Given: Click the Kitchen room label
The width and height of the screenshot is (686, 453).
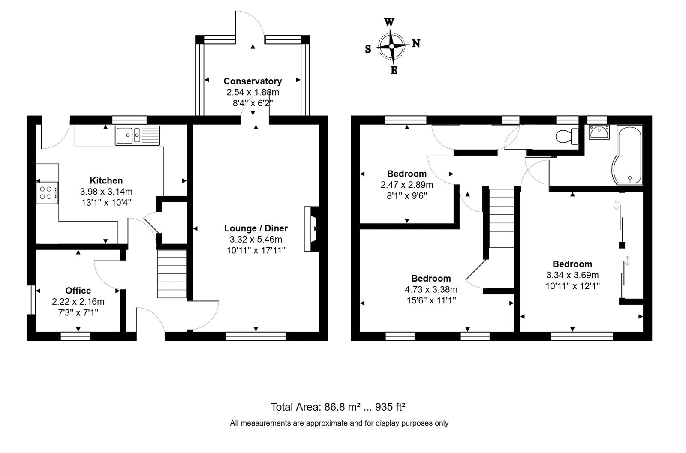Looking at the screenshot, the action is (x=106, y=180).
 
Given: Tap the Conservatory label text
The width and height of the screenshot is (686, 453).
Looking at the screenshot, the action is (x=253, y=81).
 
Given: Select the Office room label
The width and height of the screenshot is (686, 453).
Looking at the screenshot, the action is (x=78, y=291).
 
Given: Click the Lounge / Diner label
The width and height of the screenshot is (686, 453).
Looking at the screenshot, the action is (x=256, y=228).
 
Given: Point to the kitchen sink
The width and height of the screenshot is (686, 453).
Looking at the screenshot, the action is (x=138, y=135).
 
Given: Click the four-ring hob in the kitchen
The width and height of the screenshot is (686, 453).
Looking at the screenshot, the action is (x=47, y=193).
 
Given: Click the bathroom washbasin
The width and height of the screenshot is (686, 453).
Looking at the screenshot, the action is (x=599, y=132).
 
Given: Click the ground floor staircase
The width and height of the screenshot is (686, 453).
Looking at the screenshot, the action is (x=172, y=274).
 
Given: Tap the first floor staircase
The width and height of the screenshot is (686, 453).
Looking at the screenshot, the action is (x=501, y=218).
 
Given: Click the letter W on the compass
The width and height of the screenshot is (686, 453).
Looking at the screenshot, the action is (x=389, y=22).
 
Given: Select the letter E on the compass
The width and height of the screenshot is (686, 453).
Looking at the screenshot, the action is (x=394, y=70).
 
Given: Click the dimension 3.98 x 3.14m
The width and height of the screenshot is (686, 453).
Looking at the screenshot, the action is (x=106, y=192).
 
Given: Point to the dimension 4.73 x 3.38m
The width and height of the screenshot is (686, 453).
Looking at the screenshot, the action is (x=431, y=289).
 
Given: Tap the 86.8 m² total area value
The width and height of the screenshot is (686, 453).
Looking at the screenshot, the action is (x=343, y=407).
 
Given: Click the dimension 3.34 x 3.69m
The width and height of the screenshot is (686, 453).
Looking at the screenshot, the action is (x=572, y=275).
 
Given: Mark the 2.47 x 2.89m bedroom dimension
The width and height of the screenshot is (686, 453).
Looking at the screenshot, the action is (x=407, y=185).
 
